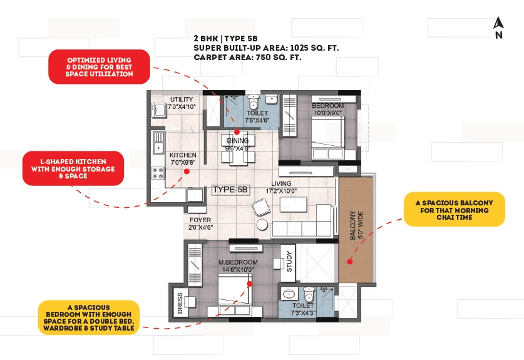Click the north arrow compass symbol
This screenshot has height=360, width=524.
pos(498,28)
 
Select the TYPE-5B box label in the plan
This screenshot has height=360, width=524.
pos(231,189)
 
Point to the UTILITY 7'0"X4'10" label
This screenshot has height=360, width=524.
pos(182,103)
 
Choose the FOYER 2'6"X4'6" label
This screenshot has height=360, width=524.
pos(200,224)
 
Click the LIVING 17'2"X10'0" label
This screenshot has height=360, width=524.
pos(281,188)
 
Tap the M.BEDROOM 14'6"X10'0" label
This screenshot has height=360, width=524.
pos(238,265)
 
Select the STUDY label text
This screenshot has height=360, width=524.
pos(289,261)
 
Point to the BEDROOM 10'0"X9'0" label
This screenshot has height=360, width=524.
pos(327,110)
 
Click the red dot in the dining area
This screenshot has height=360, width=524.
pos(237,131)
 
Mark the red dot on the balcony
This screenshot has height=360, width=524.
pos(350,264)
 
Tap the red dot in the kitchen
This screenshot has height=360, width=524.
pos(182,177)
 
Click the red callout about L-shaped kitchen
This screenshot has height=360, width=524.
pos(72,168)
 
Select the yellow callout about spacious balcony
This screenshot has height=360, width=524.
pos(454,209)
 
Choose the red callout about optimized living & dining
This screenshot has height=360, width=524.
pos(99,66)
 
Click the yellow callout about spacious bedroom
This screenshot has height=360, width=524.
pos(88,317)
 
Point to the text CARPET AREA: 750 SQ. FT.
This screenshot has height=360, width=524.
pos(248,57)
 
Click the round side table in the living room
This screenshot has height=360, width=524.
pos(262,225)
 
